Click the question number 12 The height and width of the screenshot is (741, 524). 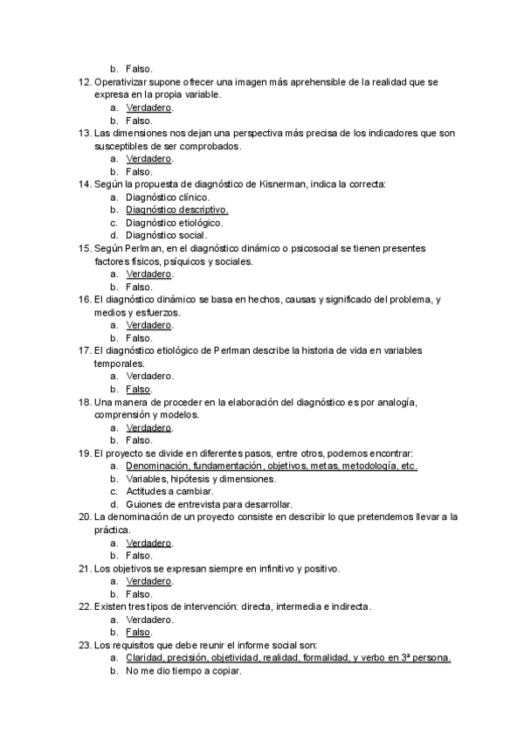click(x=85, y=82)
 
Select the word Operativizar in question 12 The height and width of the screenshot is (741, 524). click(x=121, y=82)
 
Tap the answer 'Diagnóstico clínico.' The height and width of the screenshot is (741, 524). click(x=168, y=197)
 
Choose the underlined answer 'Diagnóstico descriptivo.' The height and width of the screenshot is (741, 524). click(x=177, y=211)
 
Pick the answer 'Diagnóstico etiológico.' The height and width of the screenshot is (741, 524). click(x=174, y=223)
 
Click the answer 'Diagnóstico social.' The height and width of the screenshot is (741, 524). click(x=166, y=235)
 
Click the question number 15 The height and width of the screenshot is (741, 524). click(x=85, y=248)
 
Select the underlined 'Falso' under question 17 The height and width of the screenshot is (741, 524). click(x=139, y=389)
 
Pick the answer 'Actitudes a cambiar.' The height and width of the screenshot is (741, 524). click(x=169, y=491)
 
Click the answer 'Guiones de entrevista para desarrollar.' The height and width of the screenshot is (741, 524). click(x=209, y=504)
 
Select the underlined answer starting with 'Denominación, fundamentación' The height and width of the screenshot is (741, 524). click(x=271, y=466)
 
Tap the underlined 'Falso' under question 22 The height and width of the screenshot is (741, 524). click(x=139, y=633)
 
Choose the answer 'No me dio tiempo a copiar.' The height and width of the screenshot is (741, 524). click(x=183, y=671)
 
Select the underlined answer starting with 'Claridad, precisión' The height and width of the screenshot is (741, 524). click(x=288, y=658)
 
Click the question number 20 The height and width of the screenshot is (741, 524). click(x=85, y=517)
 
